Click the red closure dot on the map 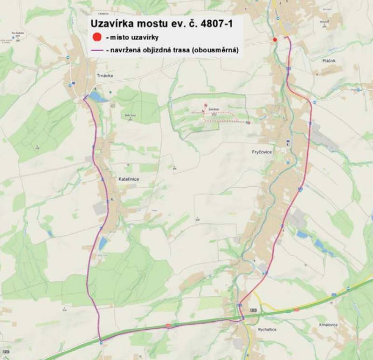(275, 40)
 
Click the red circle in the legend (97, 37)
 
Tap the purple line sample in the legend (97, 50)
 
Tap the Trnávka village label (105, 75)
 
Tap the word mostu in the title (157, 24)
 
